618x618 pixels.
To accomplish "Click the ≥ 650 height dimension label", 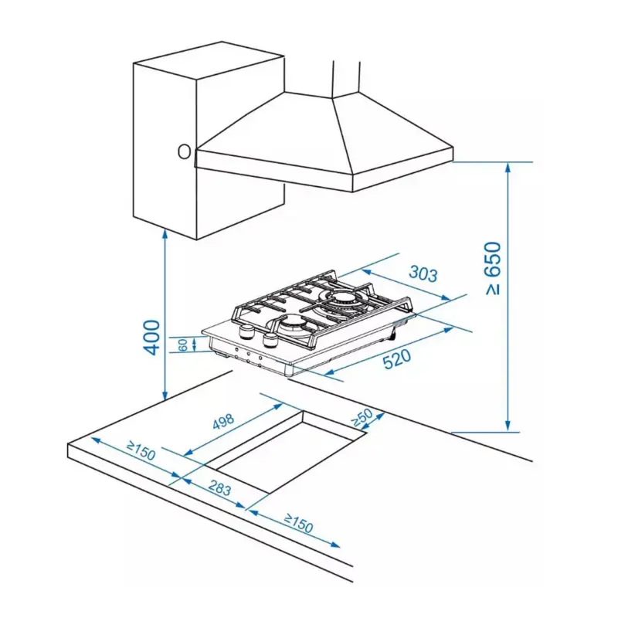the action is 493,268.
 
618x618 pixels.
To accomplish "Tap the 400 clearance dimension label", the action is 151,337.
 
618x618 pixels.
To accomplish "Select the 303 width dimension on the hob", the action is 423,273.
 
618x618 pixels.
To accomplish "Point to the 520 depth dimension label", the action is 397,358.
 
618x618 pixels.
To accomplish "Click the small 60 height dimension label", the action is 183,345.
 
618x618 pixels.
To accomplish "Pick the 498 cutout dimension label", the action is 223,422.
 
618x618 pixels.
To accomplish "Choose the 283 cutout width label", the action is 219,487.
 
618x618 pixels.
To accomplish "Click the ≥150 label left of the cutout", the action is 141,451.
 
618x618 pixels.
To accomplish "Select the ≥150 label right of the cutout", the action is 298,523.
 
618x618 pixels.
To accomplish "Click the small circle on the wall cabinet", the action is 184,151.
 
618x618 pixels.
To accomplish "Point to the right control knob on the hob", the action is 270,340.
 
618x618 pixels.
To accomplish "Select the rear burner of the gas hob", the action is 341,301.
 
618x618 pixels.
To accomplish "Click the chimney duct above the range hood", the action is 346,79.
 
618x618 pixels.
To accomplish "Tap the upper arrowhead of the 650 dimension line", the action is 509,167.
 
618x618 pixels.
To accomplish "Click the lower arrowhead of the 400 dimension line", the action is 165,395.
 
